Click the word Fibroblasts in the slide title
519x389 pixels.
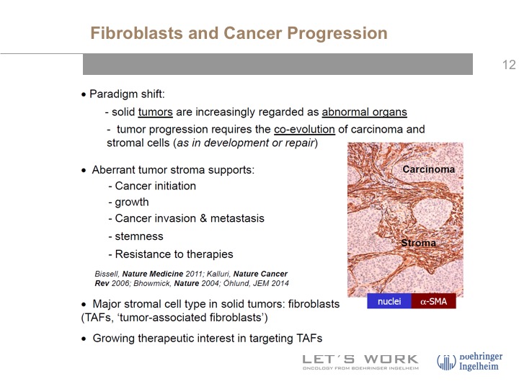pos(137,33)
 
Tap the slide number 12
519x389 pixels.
pos(509,65)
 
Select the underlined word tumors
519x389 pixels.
pos(155,112)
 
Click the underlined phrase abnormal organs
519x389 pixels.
pos(365,112)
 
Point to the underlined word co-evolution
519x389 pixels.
pos(304,130)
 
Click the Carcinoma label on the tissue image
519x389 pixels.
pos(429,169)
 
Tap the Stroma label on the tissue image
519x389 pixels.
pos(418,243)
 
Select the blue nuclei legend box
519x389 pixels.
pos(389,301)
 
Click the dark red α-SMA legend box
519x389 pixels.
pos(434,301)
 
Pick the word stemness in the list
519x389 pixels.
pos(139,236)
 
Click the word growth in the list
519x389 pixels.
pos(132,202)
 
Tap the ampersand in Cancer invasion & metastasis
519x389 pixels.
pos(203,218)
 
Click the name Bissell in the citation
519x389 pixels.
pos(107,274)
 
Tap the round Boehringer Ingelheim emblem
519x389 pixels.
pos(446,362)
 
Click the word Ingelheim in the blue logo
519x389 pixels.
pos(479,366)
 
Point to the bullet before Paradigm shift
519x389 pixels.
pos(84,95)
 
